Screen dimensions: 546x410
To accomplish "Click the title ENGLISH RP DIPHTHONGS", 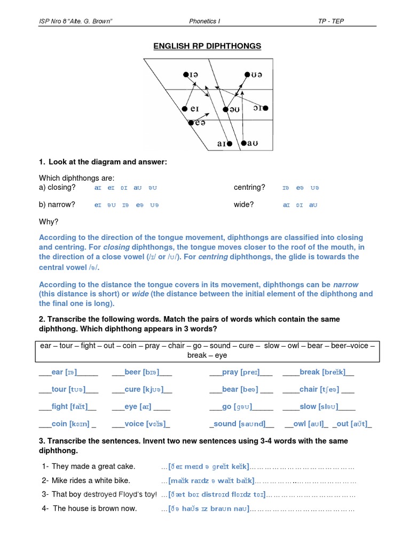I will pos(207,46).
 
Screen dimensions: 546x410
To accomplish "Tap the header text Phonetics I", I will pos(204,21).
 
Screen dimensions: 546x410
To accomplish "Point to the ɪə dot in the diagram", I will pos(185,75).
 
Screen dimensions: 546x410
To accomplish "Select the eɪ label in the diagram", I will pos(194,109).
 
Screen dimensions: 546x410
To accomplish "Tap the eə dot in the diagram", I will pos(191,123).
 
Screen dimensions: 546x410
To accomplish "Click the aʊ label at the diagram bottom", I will pos(254,143).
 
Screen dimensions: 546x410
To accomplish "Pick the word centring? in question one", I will pos(249,187).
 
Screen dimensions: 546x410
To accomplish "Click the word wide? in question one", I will pos(243,204).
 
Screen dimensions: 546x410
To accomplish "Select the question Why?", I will pos(49,221).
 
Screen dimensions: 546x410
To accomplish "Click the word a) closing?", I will pos(57,187).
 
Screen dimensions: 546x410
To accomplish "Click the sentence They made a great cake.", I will pos(93,467).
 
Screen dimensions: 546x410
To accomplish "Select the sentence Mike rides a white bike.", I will pos(90,480).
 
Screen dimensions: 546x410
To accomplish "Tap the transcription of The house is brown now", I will pos(209,509).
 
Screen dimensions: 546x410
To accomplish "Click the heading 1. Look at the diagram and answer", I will pos(103,162).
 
